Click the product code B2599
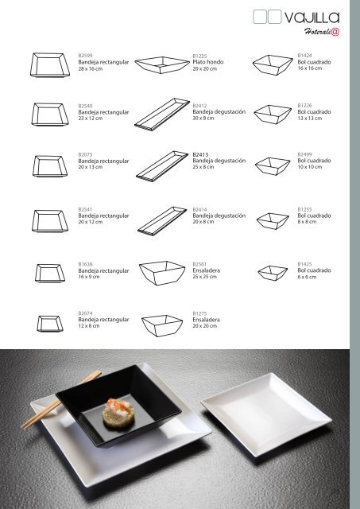tap(85, 56)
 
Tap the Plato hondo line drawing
tap(162, 65)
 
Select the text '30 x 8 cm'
tap(203, 119)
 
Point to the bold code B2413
tap(200, 154)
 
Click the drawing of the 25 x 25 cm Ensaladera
tap(162, 273)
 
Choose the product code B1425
tap(304, 264)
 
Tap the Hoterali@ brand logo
tap(322, 32)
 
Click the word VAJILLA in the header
tap(312, 17)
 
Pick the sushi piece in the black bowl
tap(118, 413)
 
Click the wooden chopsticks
tap(61, 399)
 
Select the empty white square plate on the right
tap(266, 414)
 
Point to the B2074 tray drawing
tap(50, 324)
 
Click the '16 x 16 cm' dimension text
tap(310, 68)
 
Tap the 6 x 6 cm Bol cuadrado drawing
tap(273, 273)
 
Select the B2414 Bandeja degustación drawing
tap(162, 221)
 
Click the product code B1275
tap(199, 313)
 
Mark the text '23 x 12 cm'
tap(90, 119)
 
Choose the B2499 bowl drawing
tap(273, 166)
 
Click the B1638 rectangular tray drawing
tap(50, 273)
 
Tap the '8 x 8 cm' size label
tap(307, 222)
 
